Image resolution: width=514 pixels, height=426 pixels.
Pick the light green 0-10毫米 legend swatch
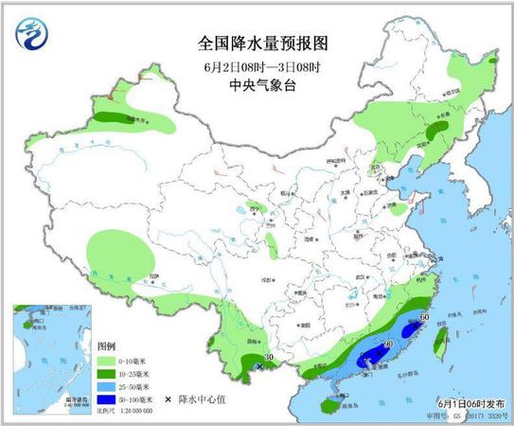coord(112,362)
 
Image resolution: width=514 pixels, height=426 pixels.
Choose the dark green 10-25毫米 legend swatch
coord(112,374)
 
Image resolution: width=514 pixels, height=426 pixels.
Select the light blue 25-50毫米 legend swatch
coord(112,387)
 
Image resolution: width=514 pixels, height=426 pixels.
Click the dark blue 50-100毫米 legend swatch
coord(112,400)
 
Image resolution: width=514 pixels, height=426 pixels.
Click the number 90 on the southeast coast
coord(387,346)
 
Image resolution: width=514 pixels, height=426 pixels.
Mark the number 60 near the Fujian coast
coord(425,317)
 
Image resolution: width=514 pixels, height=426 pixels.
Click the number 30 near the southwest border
coord(269,357)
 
